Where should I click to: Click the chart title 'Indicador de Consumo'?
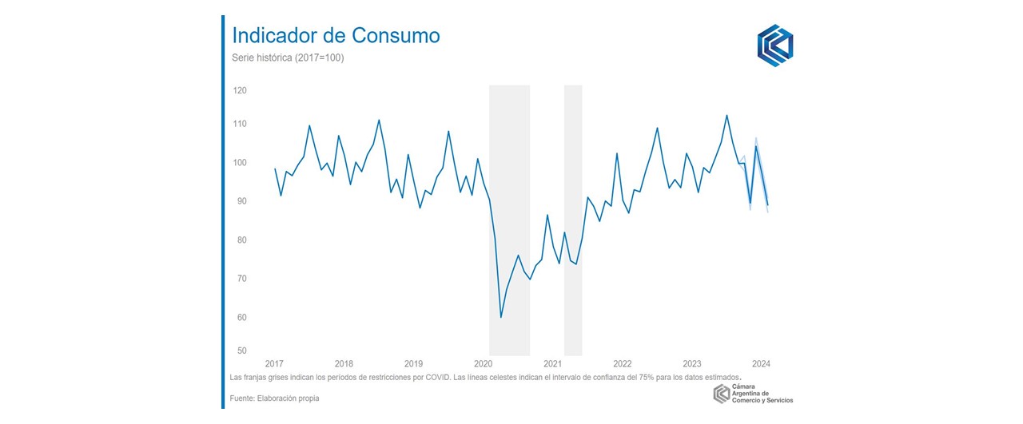(x=335, y=36)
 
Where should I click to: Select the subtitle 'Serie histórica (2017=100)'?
(x=288, y=58)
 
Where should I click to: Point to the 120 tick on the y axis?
(x=240, y=91)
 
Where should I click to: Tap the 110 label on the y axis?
(x=240, y=125)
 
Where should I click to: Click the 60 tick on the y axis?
(x=240, y=318)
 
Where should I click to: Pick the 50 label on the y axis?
(x=240, y=351)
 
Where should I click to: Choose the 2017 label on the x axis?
(x=274, y=363)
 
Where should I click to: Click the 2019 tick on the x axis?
(x=413, y=363)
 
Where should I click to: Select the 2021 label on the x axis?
(x=552, y=363)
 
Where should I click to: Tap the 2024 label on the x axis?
(x=761, y=363)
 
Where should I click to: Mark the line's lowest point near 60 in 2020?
(x=501, y=317)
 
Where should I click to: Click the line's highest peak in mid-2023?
(x=726, y=115)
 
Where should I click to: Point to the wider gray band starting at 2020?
(x=509, y=220)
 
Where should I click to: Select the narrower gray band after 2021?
(x=573, y=220)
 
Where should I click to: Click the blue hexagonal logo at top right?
(x=774, y=46)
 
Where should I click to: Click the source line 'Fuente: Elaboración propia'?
(x=274, y=398)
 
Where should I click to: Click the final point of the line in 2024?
(x=768, y=206)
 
